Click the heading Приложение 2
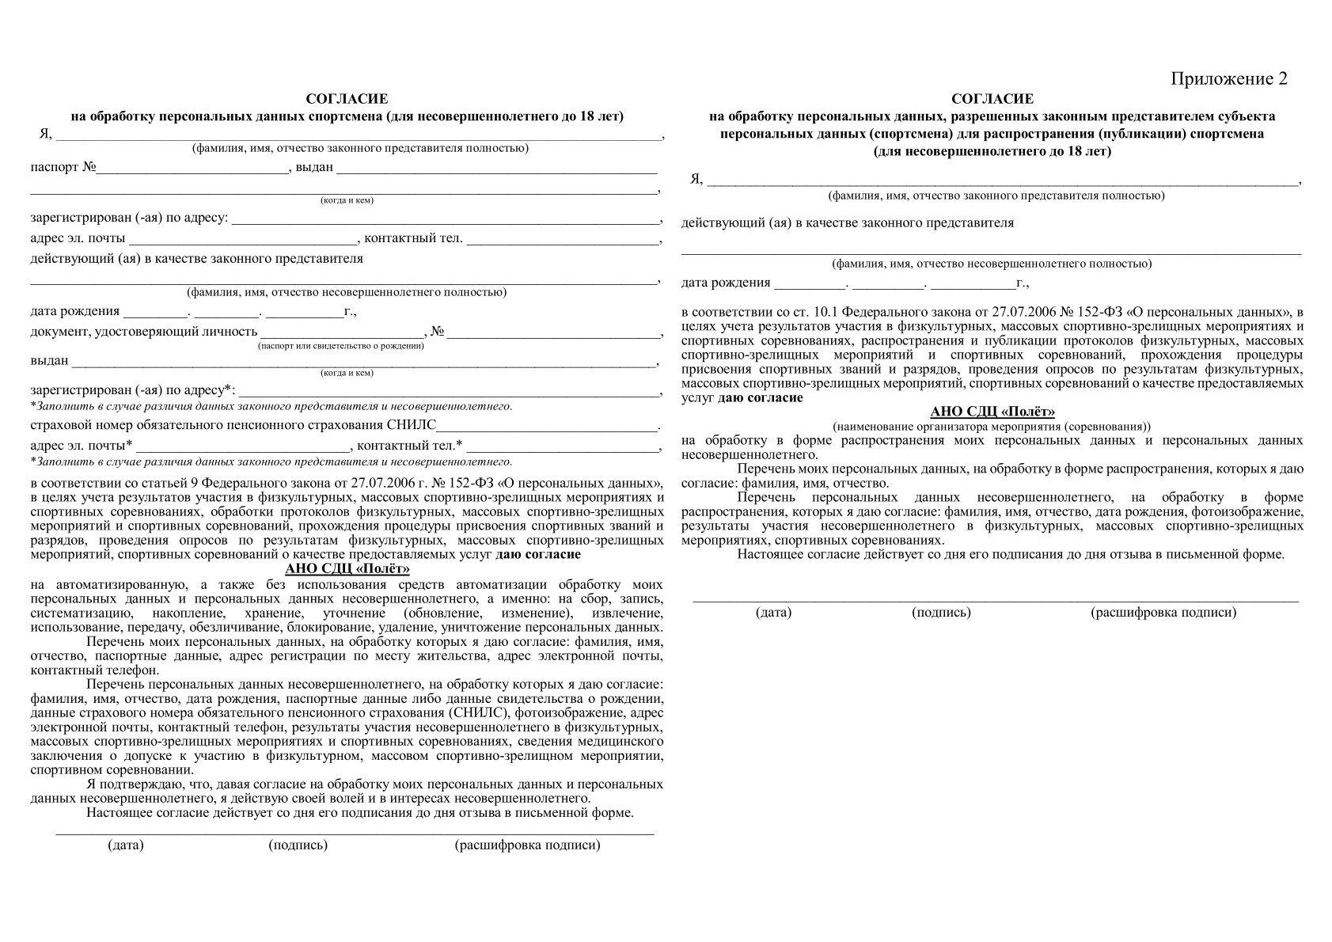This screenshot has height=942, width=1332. tap(1229, 79)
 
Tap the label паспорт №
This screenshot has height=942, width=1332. tap(63, 168)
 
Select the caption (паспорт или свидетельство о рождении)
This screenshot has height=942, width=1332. tap(341, 346)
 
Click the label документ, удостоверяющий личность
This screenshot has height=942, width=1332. tap(144, 332)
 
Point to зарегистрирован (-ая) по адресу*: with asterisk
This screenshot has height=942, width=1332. tap(133, 390)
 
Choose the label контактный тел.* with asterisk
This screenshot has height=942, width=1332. tap(411, 445)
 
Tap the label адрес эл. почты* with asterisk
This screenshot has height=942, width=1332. tap(81, 445)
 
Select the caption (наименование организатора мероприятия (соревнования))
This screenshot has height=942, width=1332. tap(992, 425)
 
